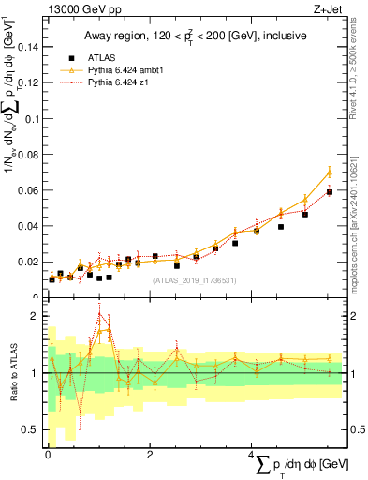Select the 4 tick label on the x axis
click(x=251, y=455)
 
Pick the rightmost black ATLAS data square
click(x=329, y=191)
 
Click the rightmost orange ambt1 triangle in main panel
click(x=329, y=172)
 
